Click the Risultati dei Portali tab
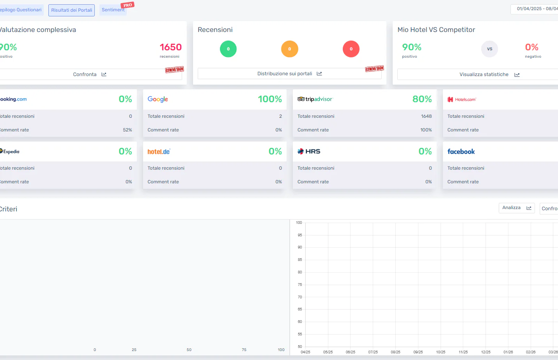(71, 10)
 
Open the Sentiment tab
(113, 10)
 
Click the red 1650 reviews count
(170, 47)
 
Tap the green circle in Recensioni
(228, 49)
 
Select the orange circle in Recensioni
(289, 49)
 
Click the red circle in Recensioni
(351, 49)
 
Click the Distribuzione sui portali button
(289, 74)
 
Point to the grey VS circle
(489, 49)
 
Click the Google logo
(158, 99)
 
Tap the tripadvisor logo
(315, 99)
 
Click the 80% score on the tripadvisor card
(422, 99)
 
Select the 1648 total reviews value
(426, 116)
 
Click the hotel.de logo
(159, 152)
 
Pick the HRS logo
(309, 151)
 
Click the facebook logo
(461, 152)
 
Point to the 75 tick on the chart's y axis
(300, 285)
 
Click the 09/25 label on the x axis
(418, 352)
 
